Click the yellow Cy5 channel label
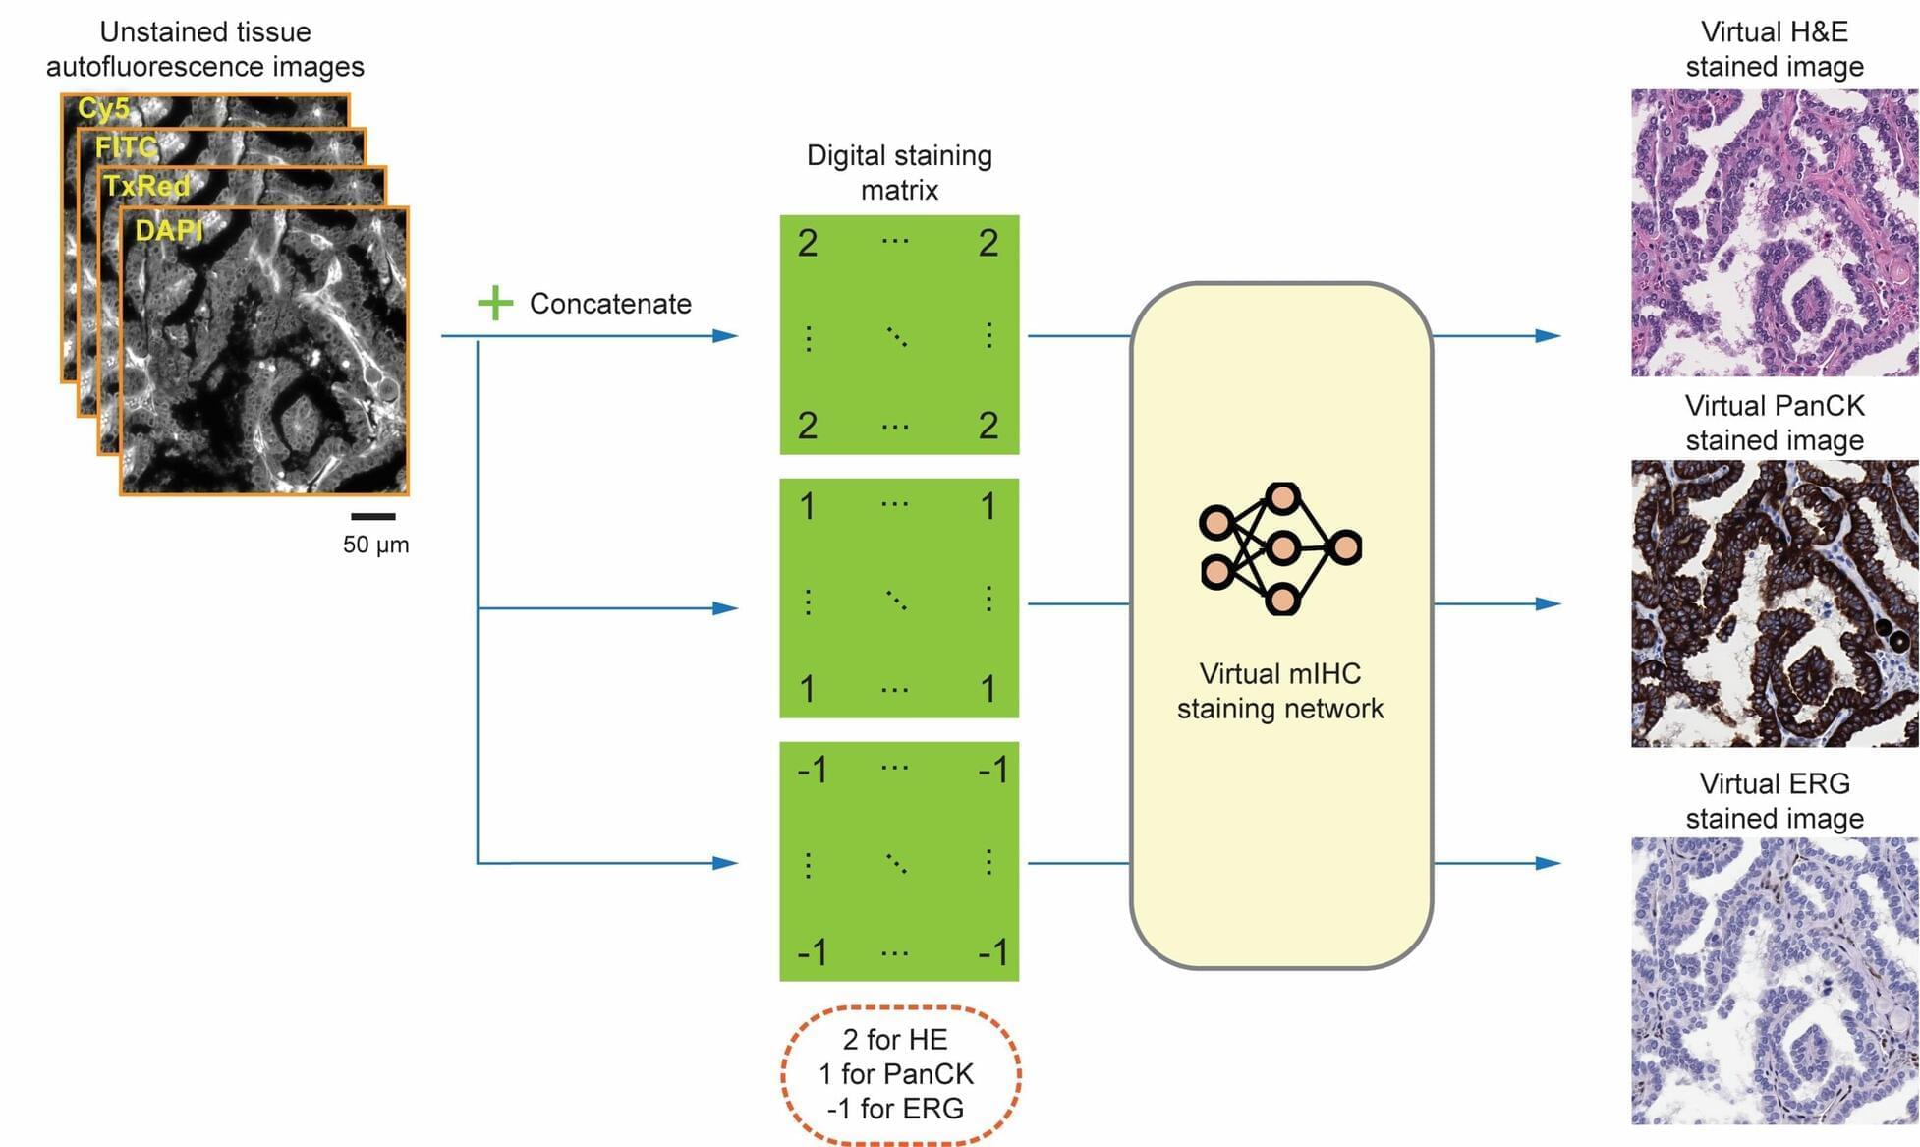pos(103,108)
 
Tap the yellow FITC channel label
pos(126,147)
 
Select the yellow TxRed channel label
pos(146,186)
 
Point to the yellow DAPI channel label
pos(168,231)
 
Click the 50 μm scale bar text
pos(375,545)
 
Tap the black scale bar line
pos(373,516)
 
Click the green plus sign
pos(495,303)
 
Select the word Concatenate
pos(610,304)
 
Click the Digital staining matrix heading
pos(899,172)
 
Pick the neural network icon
pos(1280,548)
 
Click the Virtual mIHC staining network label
pos(1280,691)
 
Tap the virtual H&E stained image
pos(1774,233)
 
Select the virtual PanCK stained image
pos(1774,603)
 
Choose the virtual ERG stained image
pos(1774,980)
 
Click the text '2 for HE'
pos(895,1040)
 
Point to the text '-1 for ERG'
pos(895,1109)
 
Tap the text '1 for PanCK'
pos(895,1074)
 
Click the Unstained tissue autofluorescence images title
pos(205,49)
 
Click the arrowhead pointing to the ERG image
pos(1548,863)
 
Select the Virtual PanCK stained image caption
pos(1774,423)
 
